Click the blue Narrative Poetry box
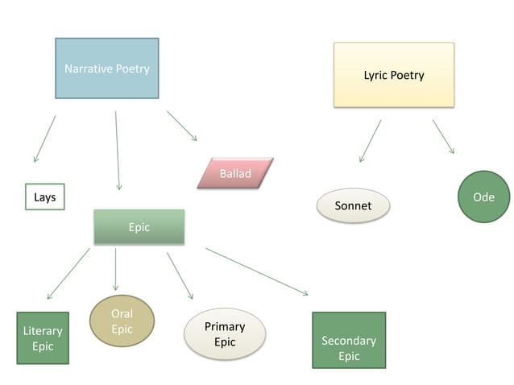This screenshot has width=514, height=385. (106, 69)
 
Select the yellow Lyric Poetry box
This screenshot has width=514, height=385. (393, 75)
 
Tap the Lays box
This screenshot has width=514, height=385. (44, 197)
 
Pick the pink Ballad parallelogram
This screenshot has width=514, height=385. (235, 173)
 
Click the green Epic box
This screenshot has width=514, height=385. (139, 227)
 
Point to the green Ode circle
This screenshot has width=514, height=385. (483, 197)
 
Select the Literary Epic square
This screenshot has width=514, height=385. (43, 338)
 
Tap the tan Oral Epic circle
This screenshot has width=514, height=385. (122, 321)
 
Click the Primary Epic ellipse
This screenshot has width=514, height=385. (225, 333)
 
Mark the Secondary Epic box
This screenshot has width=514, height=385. (348, 340)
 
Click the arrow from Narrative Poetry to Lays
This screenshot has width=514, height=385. (45, 139)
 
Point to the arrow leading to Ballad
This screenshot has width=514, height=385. (182, 126)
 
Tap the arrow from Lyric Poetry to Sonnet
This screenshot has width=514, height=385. (370, 141)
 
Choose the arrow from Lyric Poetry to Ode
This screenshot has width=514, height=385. (443, 136)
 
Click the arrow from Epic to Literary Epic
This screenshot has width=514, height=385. (68, 274)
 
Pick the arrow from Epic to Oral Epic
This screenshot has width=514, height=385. (115, 269)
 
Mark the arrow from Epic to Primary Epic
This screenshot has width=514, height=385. (180, 275)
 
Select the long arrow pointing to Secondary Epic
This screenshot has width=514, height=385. (256, 271)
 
